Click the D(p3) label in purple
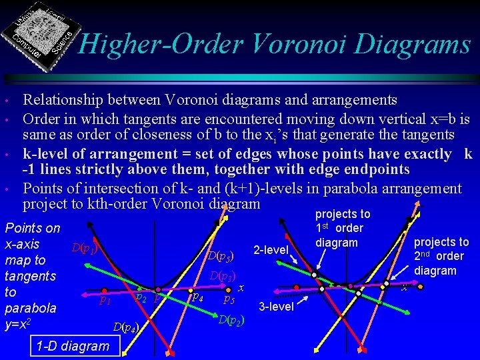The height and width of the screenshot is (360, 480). pyautogui.click(x=223, y=276)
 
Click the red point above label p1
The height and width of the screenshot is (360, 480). pyautogui.click(x=105, y=290)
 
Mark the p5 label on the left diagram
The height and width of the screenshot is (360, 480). pyautogui.click(x=228, y=300)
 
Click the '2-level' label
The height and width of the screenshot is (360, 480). pyautogui.click(x=271, y=251)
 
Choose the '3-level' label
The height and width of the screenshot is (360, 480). pyautogui.click(x=275, y=306)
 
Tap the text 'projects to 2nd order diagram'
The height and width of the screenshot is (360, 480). pyautogui.click(x=441, y=257)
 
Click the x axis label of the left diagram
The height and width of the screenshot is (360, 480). pyautogui.click(x=242, y=287)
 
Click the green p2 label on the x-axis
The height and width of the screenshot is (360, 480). pyautogui.click(x=141, y=297)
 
